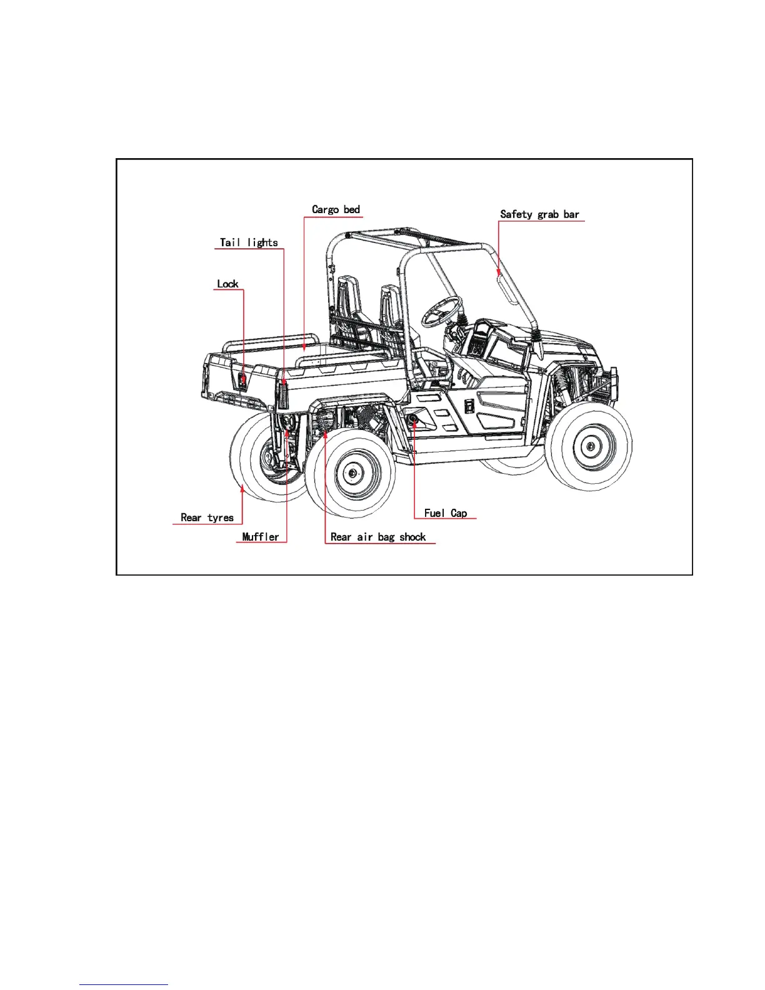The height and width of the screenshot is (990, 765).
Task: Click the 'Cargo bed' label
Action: (336, 209)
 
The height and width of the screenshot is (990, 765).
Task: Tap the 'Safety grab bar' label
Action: (539, 214)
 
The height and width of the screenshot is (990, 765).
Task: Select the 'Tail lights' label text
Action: (249, 242)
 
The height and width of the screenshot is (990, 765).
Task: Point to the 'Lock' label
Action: (227, 284)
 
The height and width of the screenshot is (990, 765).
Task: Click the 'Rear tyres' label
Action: (207, 517)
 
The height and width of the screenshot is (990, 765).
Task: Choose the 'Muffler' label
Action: (261, 536)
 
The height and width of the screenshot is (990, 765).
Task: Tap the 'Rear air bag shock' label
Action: (377, 537)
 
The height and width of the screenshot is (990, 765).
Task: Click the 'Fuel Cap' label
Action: (445, 513)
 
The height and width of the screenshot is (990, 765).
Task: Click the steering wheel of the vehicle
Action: (441, 311)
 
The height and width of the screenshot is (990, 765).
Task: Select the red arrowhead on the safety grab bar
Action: (499, 272)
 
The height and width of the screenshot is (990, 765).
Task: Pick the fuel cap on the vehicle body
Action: (413, 419)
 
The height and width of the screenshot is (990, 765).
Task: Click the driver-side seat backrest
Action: (391, 309)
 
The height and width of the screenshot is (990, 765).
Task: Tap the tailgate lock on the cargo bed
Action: (241, 379)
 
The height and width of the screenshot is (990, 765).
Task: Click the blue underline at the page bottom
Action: (124, 984)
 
